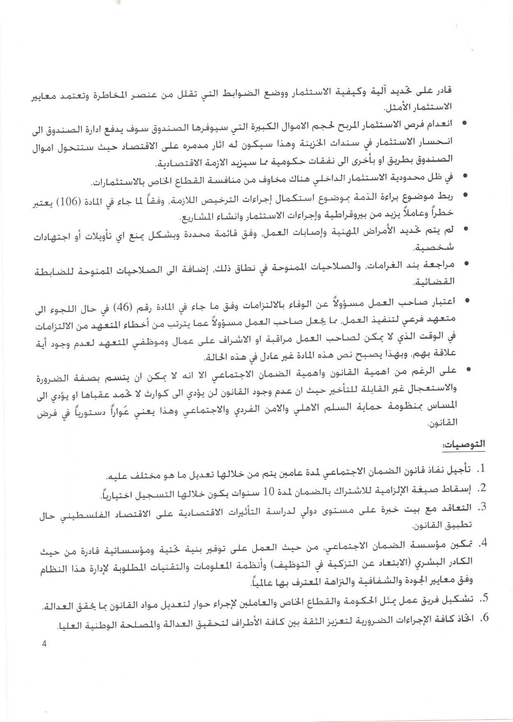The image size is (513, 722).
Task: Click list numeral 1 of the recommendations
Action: [480, 469]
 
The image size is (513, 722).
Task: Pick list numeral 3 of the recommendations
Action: [480, 507]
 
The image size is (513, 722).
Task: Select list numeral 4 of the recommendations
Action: [480, 544]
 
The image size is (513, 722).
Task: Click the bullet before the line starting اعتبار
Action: [465, 301]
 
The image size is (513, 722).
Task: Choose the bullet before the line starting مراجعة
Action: [465, 264]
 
